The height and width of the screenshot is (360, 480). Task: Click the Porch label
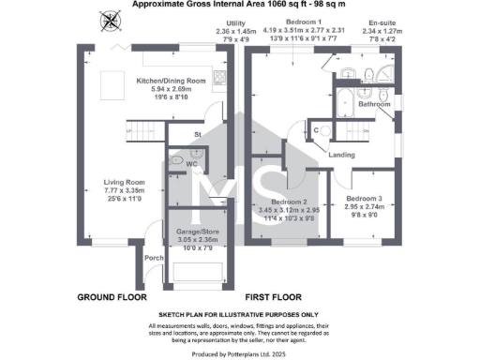pyautogui.click(x=155, y=258)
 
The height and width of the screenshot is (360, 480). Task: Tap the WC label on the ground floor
pyautogui.click(x=190, y=164)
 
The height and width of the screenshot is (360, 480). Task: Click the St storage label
pyautogui.click(x=199, y=135)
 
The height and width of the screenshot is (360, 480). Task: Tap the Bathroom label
pyautogui.click(x=374, y=104)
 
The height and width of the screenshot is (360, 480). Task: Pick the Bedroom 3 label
pyautogui.click(x=364, y=199)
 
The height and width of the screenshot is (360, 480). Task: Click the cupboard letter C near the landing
pyautogui.click(x=316, y=129)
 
